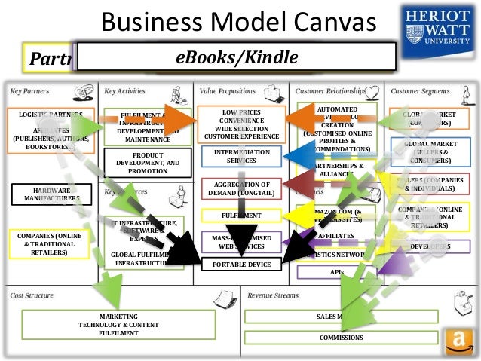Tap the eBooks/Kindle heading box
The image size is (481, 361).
pos(237,57)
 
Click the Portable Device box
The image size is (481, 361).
pos(241,265)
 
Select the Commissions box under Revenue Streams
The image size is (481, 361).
pos(341,338)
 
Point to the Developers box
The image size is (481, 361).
pos(430,246)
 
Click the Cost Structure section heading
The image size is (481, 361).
pos(32,295)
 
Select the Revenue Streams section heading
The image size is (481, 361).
pos(273,295)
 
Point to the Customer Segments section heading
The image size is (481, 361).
pos(419,90)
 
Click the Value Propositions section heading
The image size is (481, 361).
pos(228,90)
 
